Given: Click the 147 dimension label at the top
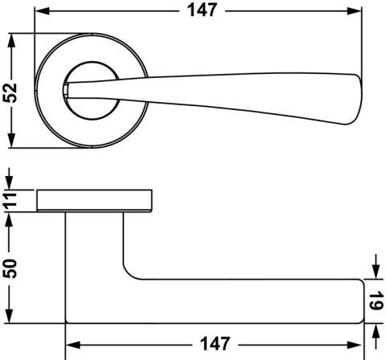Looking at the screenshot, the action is click(x=202, y=10).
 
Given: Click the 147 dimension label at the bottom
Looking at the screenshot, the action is click(x=215, y=344).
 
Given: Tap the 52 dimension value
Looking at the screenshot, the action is click(x=10, y=93).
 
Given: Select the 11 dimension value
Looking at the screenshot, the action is click(x=10, y=199).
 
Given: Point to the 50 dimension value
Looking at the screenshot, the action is click(x=10, y=268).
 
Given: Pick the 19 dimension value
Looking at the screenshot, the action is click(x=376, y=301).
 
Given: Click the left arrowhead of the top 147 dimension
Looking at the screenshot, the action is click(x=43, y=11).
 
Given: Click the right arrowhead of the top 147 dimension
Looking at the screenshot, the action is click(x=355, y=11).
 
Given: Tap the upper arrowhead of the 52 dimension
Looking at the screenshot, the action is click(x=10, y=41).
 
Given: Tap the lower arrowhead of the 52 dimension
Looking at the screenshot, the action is click(x=10, y=140).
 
